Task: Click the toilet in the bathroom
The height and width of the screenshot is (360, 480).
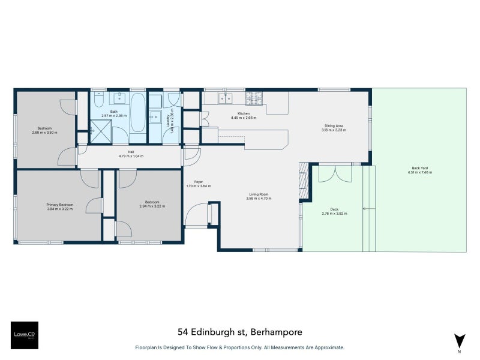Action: click(100, 98)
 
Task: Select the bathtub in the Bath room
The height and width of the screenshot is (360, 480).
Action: click(137, 113)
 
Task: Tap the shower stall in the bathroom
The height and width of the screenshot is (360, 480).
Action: click(99, 130)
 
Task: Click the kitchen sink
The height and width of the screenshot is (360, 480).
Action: click(226, 98)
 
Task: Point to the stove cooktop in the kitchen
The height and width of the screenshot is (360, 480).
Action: click(254, 97)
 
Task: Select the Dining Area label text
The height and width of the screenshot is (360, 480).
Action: click(332, 126)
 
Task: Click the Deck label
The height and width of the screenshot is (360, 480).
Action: click(334, 209)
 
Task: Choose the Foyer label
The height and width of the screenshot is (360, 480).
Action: click(198, 182)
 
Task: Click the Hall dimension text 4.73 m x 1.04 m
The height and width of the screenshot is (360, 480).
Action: click(131, 156)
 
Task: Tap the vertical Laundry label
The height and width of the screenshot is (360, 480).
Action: click(172, 121)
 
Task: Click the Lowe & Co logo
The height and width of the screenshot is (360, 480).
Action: click(24, 335)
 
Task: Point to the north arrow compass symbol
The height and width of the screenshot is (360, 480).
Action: click(460, 340)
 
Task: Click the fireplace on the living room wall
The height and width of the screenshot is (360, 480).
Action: click(304, 180)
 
